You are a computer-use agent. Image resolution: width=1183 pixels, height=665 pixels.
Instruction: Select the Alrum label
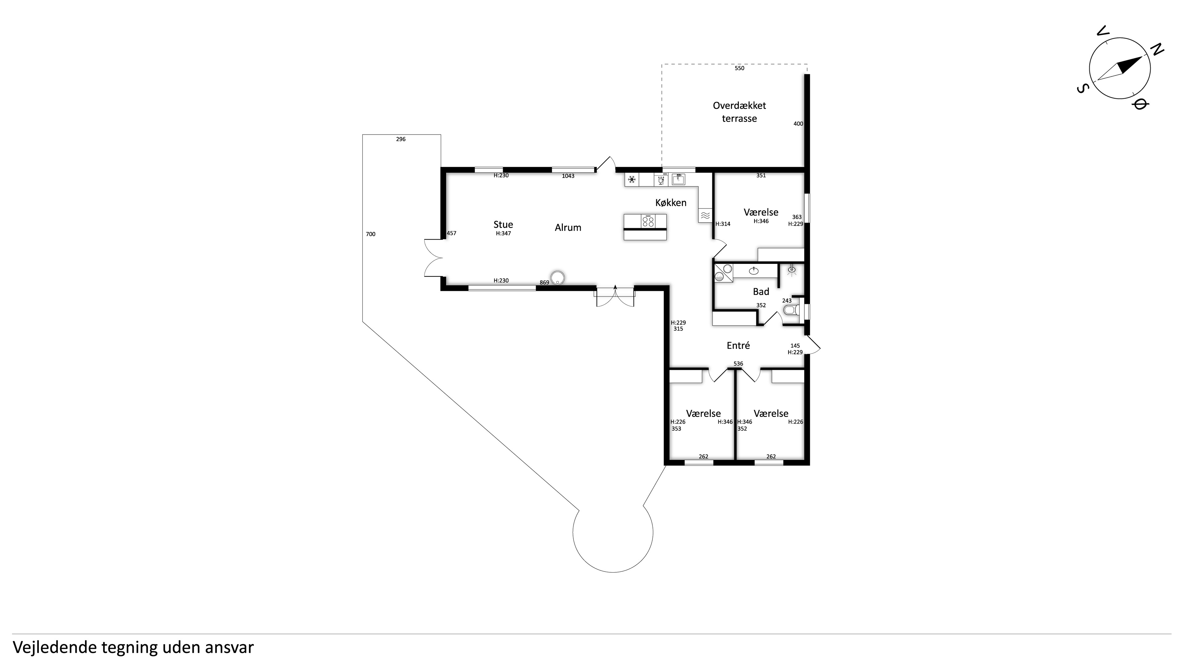tap(568, 228)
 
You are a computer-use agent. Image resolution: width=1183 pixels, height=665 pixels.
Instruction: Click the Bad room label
tap(761, 292)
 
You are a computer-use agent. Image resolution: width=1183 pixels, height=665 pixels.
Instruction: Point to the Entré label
tap(738, 345)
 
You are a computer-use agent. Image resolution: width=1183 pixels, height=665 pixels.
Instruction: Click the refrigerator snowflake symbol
tap(632, 179)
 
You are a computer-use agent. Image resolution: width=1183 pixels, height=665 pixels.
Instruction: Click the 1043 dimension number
tap(568, 176)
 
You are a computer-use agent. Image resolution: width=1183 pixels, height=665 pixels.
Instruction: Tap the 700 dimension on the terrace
tap(371, 234)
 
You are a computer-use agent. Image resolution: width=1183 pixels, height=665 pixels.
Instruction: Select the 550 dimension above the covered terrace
tap(739, 68)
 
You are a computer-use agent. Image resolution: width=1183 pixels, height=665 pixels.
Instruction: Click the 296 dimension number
tap(401, 139)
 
